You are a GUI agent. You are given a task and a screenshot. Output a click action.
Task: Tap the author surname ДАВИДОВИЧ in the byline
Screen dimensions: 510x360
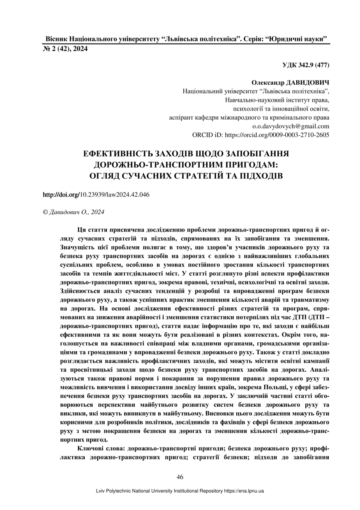tap(309, 83)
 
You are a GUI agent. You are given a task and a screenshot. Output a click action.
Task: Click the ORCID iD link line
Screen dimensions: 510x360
tap(261, 134)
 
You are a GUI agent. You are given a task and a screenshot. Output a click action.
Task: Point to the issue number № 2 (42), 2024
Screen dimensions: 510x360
tap(65, 49)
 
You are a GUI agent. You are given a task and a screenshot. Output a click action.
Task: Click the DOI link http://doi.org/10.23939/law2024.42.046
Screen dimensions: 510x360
tap(96, 195)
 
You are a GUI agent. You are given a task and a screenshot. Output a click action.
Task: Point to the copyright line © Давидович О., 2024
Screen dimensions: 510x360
tap(74, 212)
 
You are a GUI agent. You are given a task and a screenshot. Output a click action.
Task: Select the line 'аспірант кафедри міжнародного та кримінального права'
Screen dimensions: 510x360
tap(249, 118)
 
